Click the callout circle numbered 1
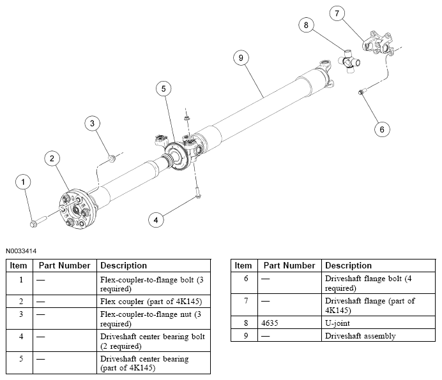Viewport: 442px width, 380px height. [x=23, y=182]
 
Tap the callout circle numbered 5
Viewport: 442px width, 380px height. [x=164, y=89]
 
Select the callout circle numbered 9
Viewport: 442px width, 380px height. [x=241, y=58]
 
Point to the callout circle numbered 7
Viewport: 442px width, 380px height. [x=337, y=13]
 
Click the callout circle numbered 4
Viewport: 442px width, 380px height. [x=156, y=220]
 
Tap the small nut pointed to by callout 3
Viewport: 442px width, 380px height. [x=112, y=159]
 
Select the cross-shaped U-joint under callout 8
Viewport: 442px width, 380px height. [x=349, y=62]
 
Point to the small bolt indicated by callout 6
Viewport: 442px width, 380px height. [x=362, y=91]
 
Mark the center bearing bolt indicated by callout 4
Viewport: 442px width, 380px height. [x=197, y=193]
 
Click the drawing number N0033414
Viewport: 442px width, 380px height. [x=21, y=251]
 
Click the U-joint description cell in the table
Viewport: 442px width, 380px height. [x=378, y=323]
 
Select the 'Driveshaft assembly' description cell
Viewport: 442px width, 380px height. [x=378, y=335]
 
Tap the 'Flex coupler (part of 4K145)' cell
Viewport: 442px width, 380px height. [x=154, y=302]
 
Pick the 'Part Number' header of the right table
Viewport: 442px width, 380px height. [x=289, y=266]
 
